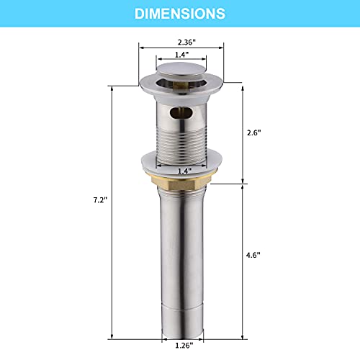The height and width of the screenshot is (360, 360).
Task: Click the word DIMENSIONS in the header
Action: (x=180, y=14)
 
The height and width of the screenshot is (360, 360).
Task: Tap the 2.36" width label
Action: (x=186, y=42)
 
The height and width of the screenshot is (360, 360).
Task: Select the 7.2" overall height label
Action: (x=100, y=199)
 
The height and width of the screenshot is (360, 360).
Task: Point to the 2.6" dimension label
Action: (x=254, y=132)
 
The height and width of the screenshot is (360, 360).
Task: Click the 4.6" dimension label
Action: (x=253, y=255)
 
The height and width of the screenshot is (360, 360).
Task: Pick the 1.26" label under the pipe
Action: (x=184, y=346)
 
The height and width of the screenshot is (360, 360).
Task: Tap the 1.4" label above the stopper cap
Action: (x=181, y=55)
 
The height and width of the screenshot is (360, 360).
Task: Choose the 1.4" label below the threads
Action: (x=184, y=171)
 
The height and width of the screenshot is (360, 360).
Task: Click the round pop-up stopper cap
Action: (x=181, y=71)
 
